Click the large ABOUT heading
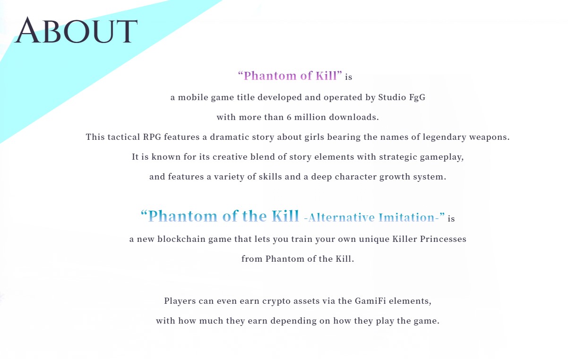pos(76,31)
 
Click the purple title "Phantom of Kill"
pos(290,76)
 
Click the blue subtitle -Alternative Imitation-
pos(374,218)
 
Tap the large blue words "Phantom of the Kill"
pos(220,216)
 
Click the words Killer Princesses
pos(429,239)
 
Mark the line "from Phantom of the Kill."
pos(298,259)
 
